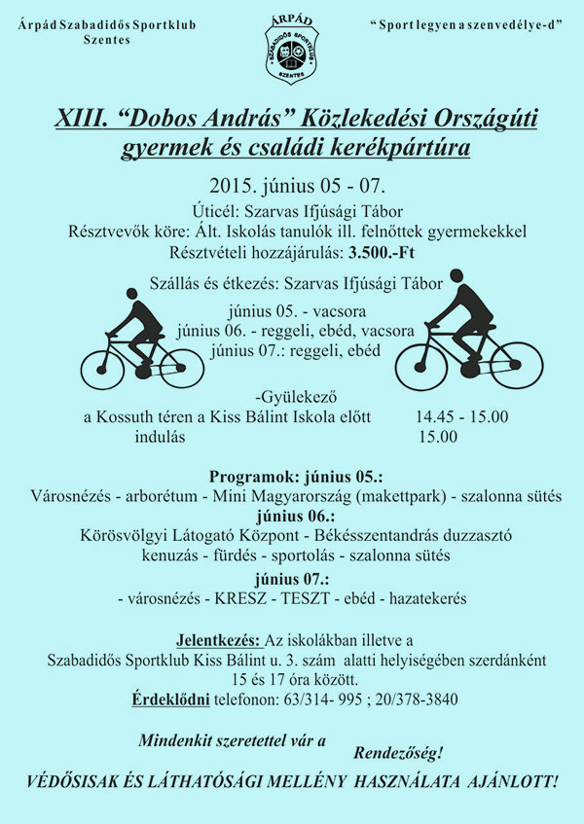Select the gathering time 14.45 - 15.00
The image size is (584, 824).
[461, 417]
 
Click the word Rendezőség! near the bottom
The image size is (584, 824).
[398, 752]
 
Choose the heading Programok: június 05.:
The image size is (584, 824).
[296, 478]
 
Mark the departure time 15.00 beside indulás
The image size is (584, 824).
[438, 437]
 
